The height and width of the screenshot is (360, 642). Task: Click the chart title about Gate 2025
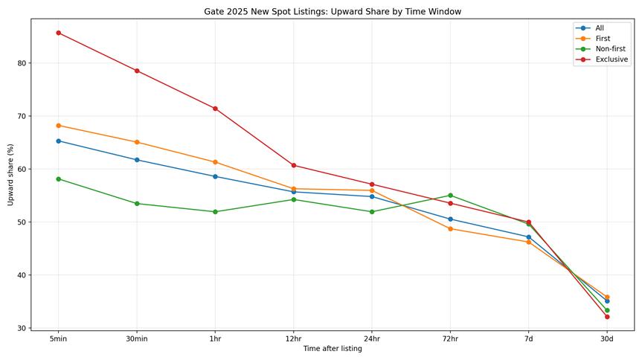[x=333, y=12]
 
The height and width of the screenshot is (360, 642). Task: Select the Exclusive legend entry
[x=611, y=60]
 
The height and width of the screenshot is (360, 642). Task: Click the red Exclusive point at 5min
[x=59, y=33]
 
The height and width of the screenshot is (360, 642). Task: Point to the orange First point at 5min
[x=59, y=125]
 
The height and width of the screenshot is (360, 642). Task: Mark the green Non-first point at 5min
[x=59, y=179]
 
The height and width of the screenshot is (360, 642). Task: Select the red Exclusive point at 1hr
[x=215, y=109]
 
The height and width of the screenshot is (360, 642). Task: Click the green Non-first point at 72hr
[x=450, y=196]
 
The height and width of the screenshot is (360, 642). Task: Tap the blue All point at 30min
[x=137, y=160]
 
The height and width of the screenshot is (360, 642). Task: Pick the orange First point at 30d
[x=607, y=298]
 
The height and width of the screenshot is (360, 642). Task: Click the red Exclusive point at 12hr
[x=294, y=165]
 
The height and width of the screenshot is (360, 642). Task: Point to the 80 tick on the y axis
[x=22, y=63]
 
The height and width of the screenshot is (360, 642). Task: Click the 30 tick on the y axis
[x=22, y=328]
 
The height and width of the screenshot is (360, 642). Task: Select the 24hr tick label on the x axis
[x=372, y=338]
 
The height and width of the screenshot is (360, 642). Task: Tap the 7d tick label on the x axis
[x=529, y=338]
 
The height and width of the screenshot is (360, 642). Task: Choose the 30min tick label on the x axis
[x=137, y=338]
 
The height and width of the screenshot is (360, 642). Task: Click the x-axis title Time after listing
[x=333, y=349]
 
